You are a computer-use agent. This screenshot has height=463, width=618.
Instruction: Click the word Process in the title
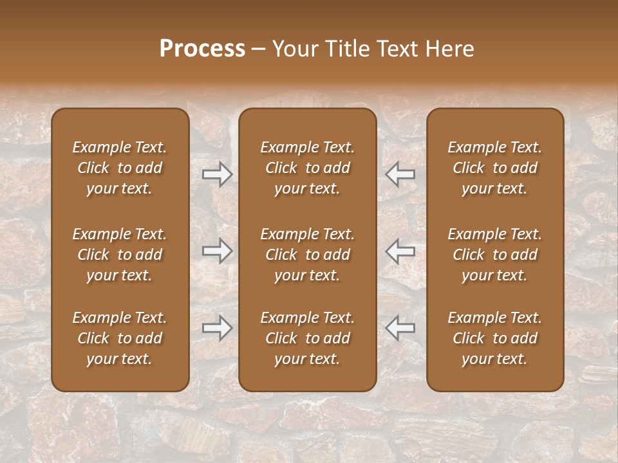click(202, 49)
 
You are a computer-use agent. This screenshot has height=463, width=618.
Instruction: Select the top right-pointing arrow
click(217, 174)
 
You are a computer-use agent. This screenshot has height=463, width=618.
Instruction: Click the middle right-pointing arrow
click(217, 251)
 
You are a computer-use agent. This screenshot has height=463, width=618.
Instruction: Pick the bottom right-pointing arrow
click(217, 328)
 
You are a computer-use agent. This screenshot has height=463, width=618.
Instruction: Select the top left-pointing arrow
click(400, 174)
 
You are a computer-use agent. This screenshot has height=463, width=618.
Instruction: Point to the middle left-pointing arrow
click(400, 251)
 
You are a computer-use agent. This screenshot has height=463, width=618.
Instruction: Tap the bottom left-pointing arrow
click(400, 328)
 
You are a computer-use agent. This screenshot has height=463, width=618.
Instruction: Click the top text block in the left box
click(120, 168)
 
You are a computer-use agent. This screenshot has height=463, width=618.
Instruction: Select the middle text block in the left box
click(120, 255)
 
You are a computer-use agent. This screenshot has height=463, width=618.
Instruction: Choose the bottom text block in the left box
click(120, 338)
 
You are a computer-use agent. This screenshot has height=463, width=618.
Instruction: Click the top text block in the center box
click(308, 168)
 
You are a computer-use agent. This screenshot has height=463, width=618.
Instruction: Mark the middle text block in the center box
click(308, 255)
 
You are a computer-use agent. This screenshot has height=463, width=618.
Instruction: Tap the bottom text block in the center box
click(308, 338)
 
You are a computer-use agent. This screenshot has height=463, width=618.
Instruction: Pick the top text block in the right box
click(495, 168)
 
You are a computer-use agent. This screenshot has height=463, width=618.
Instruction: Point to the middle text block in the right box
click(495, 255)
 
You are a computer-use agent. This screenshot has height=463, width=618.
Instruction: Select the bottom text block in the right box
click(495, 338)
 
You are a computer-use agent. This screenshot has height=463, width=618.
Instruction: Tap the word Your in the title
click(293, 49)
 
